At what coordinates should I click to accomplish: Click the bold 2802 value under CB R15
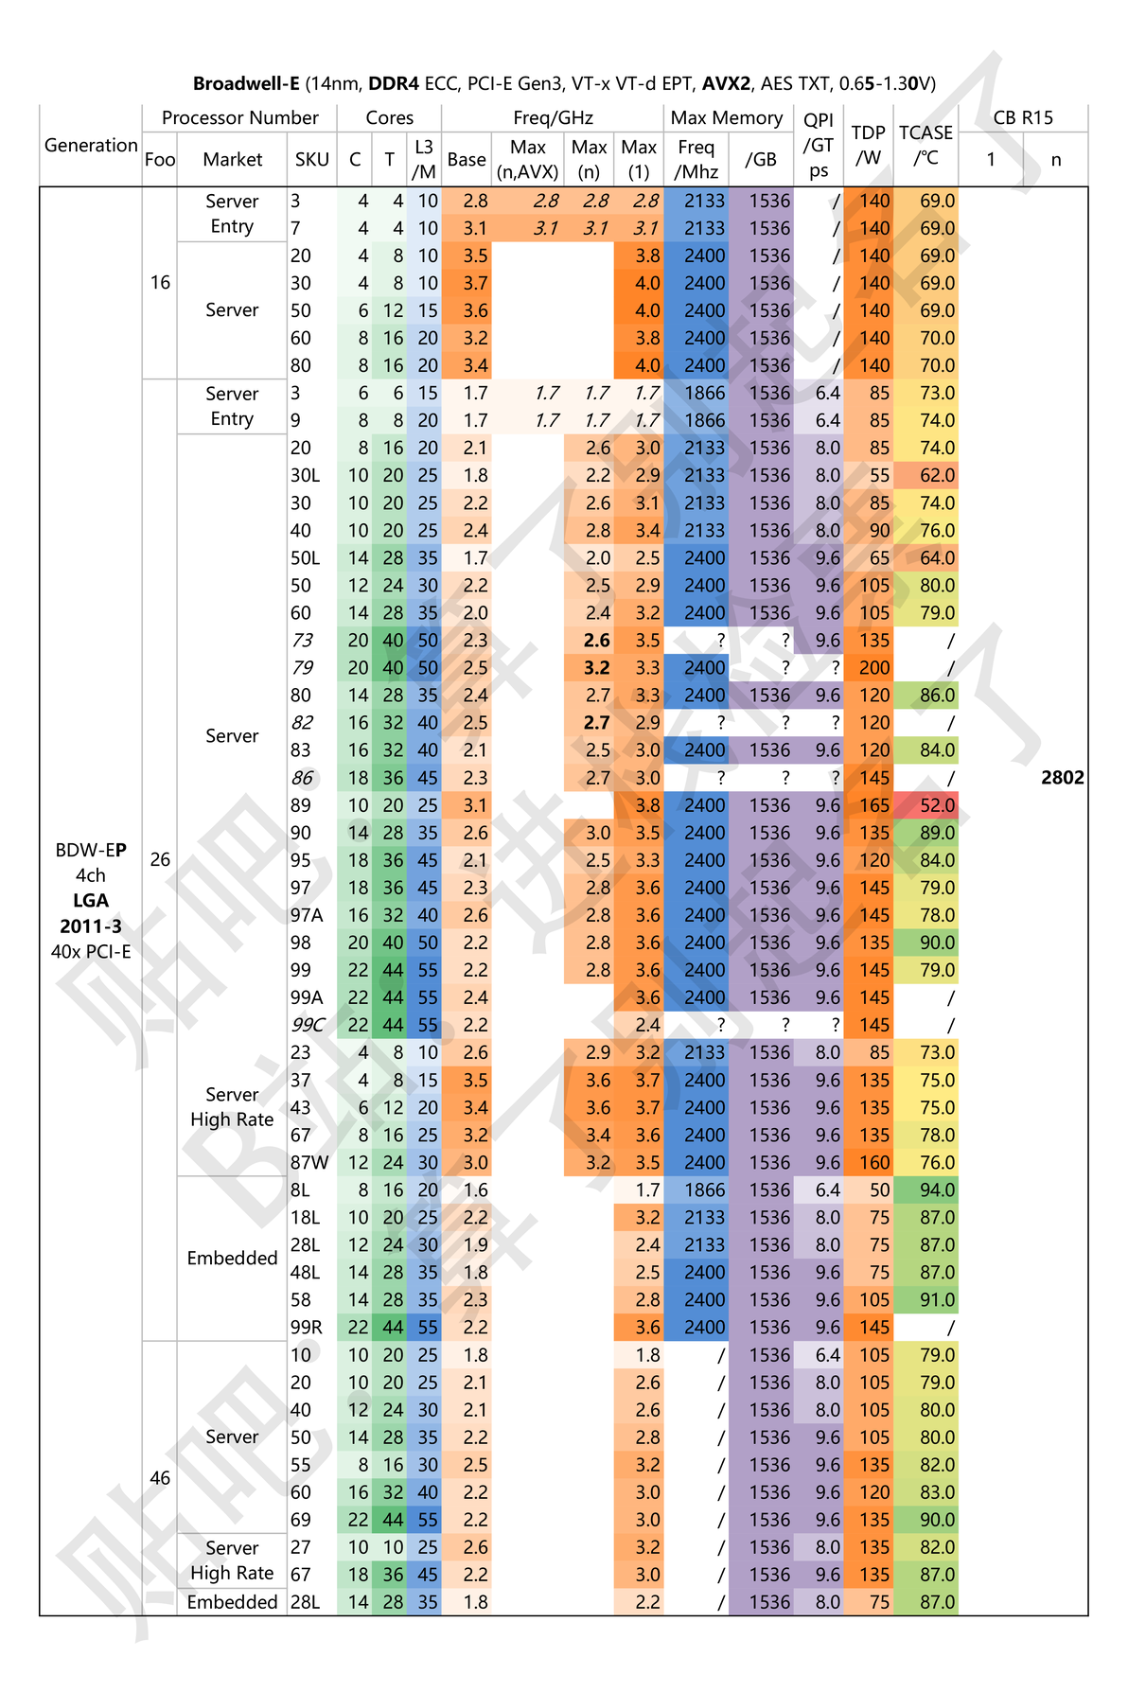1062,778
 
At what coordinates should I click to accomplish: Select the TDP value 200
874,668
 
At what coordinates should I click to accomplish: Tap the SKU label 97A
307,915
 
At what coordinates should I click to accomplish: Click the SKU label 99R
307,1327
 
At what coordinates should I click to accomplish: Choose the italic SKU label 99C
308,1025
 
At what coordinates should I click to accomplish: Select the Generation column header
91,145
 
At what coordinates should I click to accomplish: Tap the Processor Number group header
239,117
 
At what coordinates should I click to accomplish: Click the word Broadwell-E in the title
246,83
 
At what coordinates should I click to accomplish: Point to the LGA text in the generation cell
91,901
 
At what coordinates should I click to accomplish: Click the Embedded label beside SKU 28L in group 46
232,1602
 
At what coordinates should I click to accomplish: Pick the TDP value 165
874,805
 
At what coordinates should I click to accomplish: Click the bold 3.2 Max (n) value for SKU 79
596,668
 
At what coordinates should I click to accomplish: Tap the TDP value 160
874,1162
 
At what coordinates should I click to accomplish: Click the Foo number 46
160,1477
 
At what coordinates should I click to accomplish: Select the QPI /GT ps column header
819,145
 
